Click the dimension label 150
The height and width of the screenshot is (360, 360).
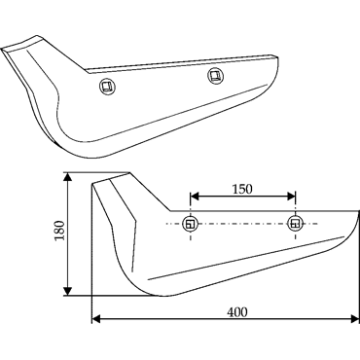242,189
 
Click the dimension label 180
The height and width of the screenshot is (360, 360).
60,231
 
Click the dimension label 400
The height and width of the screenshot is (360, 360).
236,312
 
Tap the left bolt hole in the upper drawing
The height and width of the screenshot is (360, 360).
106,87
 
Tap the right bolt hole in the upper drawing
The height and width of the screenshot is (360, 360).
215,76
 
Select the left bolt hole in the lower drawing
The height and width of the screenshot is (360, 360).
191,224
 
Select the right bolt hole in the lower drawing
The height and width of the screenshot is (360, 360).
295,224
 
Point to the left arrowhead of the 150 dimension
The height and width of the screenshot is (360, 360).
194,197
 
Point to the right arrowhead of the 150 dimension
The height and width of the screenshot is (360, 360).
291,197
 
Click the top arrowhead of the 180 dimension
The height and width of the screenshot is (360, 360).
67,177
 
